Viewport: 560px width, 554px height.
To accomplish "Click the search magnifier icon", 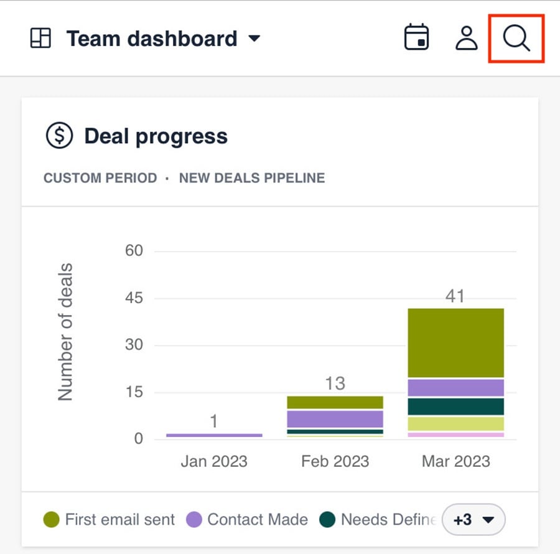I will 516,38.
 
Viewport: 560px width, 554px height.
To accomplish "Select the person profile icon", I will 466,38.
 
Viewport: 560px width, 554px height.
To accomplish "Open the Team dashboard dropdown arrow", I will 254,39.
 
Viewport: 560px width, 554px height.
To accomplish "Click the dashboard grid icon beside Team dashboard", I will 40,39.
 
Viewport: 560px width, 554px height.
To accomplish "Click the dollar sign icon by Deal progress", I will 59,136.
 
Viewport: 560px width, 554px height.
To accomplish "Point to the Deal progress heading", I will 156,136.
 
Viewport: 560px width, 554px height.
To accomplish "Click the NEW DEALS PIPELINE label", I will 252,178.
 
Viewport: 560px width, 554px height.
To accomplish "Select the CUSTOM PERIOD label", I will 100,178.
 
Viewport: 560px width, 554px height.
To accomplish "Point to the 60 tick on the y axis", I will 134,251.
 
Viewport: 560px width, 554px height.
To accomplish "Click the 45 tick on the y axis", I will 134,298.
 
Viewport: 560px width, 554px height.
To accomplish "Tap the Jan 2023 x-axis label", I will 214,461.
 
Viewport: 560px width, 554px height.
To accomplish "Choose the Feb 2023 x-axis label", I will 335,461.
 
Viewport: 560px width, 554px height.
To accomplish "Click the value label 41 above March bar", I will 455,296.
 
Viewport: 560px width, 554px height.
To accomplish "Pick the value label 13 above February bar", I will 335,383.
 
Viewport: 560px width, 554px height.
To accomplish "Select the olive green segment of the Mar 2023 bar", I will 455,342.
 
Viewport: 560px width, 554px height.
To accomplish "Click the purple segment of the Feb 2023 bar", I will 335,418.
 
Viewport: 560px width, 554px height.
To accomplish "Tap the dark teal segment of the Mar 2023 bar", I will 455,406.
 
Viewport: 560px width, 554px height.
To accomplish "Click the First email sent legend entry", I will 109,519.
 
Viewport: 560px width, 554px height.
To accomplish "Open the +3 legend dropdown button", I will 473,519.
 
